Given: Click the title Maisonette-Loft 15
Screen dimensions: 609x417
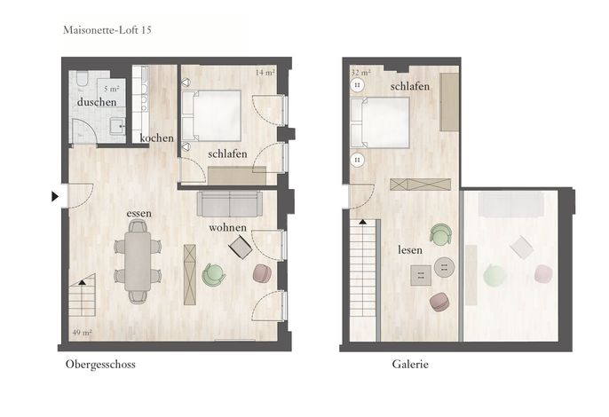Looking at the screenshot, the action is [107, 30].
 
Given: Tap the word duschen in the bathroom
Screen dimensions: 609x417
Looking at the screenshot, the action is [97, 102].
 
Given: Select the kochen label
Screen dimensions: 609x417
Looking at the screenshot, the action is [156, 138].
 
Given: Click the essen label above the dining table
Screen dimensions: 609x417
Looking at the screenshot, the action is [138, 214].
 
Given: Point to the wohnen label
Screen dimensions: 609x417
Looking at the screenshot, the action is [227, 227].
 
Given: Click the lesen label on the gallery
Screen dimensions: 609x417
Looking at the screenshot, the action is [410, 250].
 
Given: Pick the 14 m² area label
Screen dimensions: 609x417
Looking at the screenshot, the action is [265, 72].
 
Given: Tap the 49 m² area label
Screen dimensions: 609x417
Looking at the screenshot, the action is [82, 333].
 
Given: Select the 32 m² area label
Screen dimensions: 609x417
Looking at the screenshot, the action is [360, 73].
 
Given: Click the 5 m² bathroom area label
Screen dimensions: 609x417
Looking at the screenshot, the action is [112, 89].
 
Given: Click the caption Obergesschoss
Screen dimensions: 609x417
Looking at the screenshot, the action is [100, 365].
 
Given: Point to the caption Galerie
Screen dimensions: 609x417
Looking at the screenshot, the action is [410, 364].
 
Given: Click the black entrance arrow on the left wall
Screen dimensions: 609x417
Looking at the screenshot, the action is [55, 196].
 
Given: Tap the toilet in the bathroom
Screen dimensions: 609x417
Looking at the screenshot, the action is [83, 78].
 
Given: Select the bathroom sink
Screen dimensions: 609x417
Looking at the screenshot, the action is [117, 126].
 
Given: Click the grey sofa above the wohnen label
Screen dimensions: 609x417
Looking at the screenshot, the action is [230, 203].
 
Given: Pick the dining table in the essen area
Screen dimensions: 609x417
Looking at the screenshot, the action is [138, 261].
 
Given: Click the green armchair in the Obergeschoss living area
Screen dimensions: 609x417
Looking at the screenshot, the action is [214, 274].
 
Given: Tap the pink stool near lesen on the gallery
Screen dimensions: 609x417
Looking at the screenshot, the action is [440, 302].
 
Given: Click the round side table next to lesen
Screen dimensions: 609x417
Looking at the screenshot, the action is [444, 267].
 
